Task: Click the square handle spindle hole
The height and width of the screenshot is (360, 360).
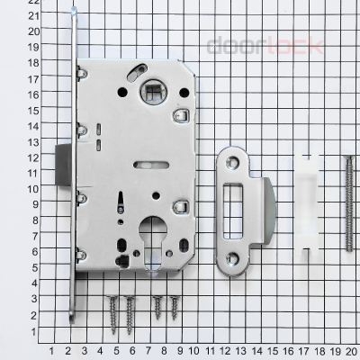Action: tap(153, 92)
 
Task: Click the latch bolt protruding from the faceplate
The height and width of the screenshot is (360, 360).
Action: tap(64, 165)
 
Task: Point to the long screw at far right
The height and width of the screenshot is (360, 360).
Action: tap(349, 204)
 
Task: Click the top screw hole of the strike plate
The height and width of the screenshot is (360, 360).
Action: tap(233, 163)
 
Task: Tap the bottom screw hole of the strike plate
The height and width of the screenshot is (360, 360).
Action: tap(233, 257)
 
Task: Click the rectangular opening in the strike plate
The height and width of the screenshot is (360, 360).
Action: tap(233, 211)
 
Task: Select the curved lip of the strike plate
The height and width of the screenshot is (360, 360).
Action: tap(269, 211)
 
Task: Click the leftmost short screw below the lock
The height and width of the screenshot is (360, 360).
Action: tap(112, 314)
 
